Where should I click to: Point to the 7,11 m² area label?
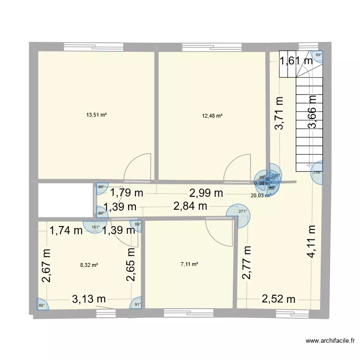[x=189, y=264]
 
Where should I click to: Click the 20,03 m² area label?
[x=260, y=195]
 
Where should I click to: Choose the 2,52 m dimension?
[x=278, y=300]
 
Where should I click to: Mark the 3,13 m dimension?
[x=89, y=299]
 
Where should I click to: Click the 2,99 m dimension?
[x=206, y=193]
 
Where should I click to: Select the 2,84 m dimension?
[x=190, y=207]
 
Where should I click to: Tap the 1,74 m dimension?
[x=66, y=231]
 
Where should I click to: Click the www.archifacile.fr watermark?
[x=331, y=341]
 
